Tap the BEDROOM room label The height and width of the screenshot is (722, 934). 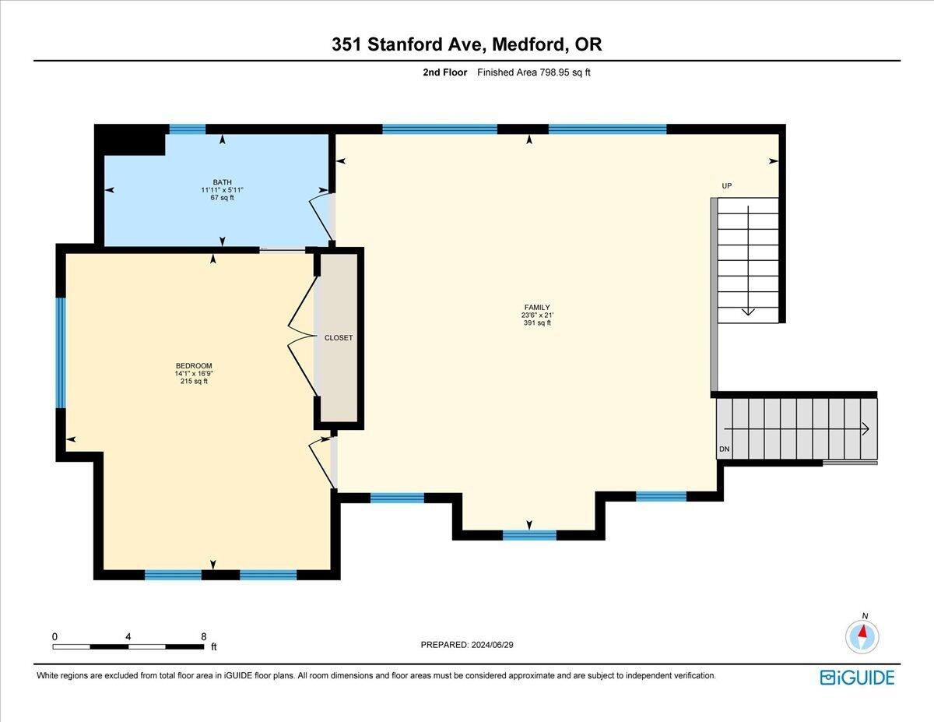(x=193, y=366)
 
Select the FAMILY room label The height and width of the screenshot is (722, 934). (x=536, y=308)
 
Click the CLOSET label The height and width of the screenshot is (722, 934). (x=339, y=338)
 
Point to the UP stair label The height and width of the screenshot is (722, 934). (x=726, y=186)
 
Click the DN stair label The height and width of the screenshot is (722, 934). (x=724, y=450)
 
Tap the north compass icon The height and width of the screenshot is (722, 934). (x=862, y=636)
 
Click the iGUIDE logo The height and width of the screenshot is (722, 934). (x=857, y=677)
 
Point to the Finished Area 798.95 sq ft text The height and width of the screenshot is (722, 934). (x=533, y=72)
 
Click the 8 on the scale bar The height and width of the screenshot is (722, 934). (x=204, y=636)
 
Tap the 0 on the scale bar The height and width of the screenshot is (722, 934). (x=54, y=636)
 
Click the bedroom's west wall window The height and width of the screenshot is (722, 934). (x=60, y=353)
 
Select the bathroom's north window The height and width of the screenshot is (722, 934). (x=188, y=129)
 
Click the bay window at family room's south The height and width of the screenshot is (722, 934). (x=529, y=535)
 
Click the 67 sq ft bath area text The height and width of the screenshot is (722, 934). (x=223, y=198)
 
